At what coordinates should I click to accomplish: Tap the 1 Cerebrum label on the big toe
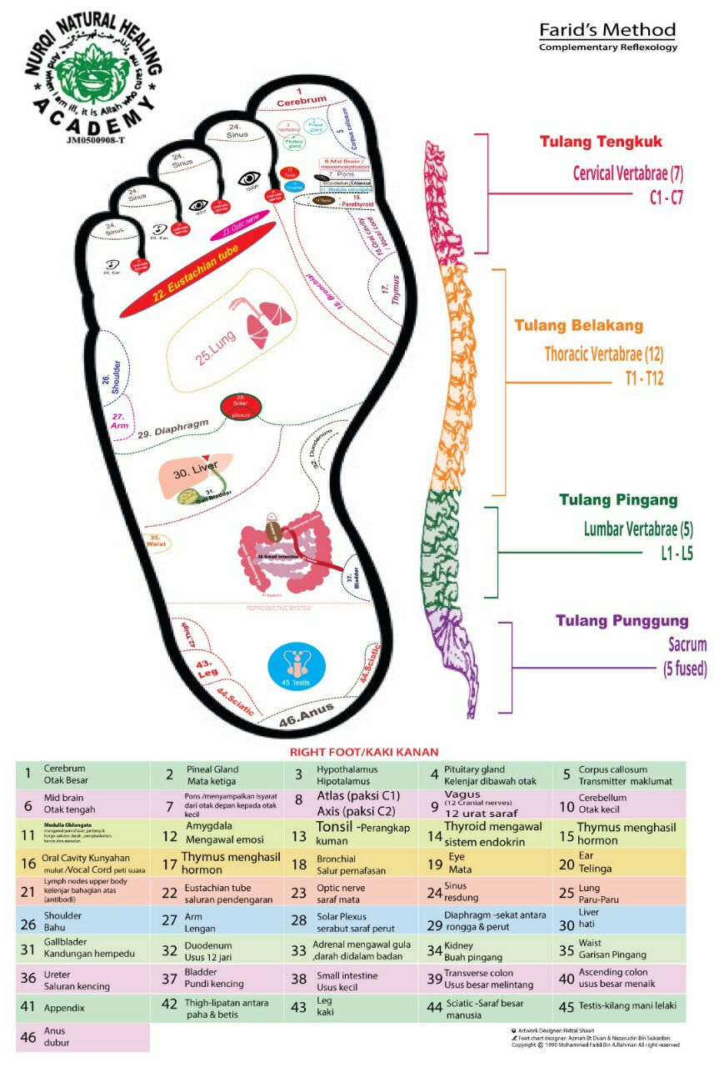click(302, 95)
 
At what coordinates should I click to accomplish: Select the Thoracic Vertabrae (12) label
click(604, 353)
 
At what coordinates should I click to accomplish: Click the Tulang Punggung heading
click(622, 620)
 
